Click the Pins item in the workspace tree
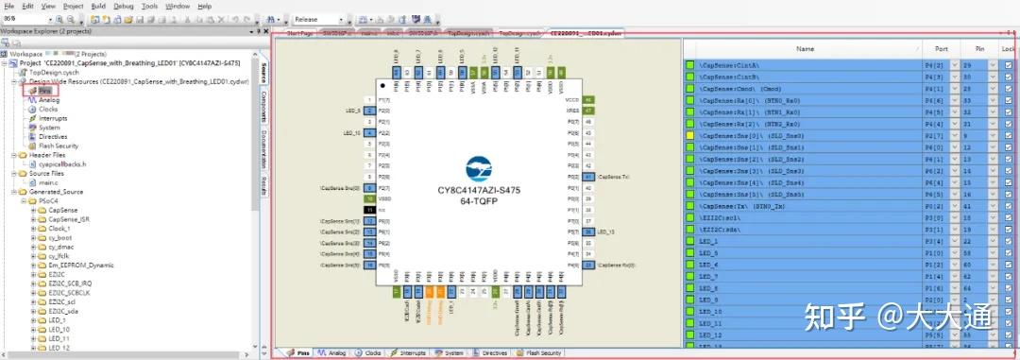tap(44, 91)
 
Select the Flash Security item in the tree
tap(59, 146)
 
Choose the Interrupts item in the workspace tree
tap(53, 118)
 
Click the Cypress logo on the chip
tap(479, 170)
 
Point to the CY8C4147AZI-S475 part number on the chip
tap(479, 190)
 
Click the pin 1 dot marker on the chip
tap(382, 85)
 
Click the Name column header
tap(805, 48)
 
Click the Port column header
tap(941, 48)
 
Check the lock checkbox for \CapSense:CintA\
tap(1009, 64)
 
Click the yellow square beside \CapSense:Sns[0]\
tap(689, 135)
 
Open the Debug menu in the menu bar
tap(124, 6)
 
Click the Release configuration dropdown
tap(316, 19)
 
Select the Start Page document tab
tap(299, 32)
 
